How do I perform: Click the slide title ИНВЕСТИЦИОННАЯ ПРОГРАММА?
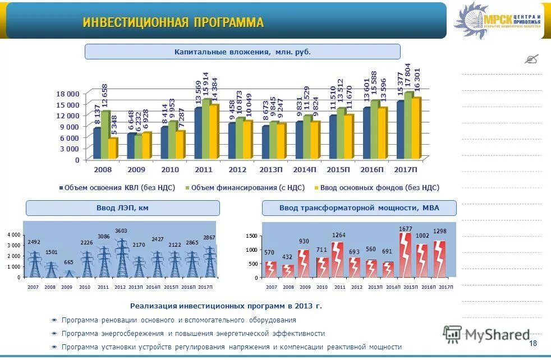click(x=173, y=22)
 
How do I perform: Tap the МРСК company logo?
click(x=498, y=21)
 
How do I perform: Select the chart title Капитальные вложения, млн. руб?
click(x=242, y=52)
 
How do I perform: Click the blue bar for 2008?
click(x=97, y=144)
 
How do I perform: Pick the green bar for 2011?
click(x=206, y=130)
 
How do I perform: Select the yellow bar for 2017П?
click(x=416, y=128)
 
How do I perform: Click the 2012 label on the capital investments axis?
click(x=238, y=169)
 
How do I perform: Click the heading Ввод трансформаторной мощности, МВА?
click(x=359, y=208)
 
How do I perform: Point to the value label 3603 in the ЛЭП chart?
click(x=121, y=230)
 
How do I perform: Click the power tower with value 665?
click(x=68, y=273)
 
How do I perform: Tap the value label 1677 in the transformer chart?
click(x=405, y=229)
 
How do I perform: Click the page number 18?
click(x=532, y=343)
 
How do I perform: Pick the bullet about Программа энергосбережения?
click(x=193, y=333)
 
